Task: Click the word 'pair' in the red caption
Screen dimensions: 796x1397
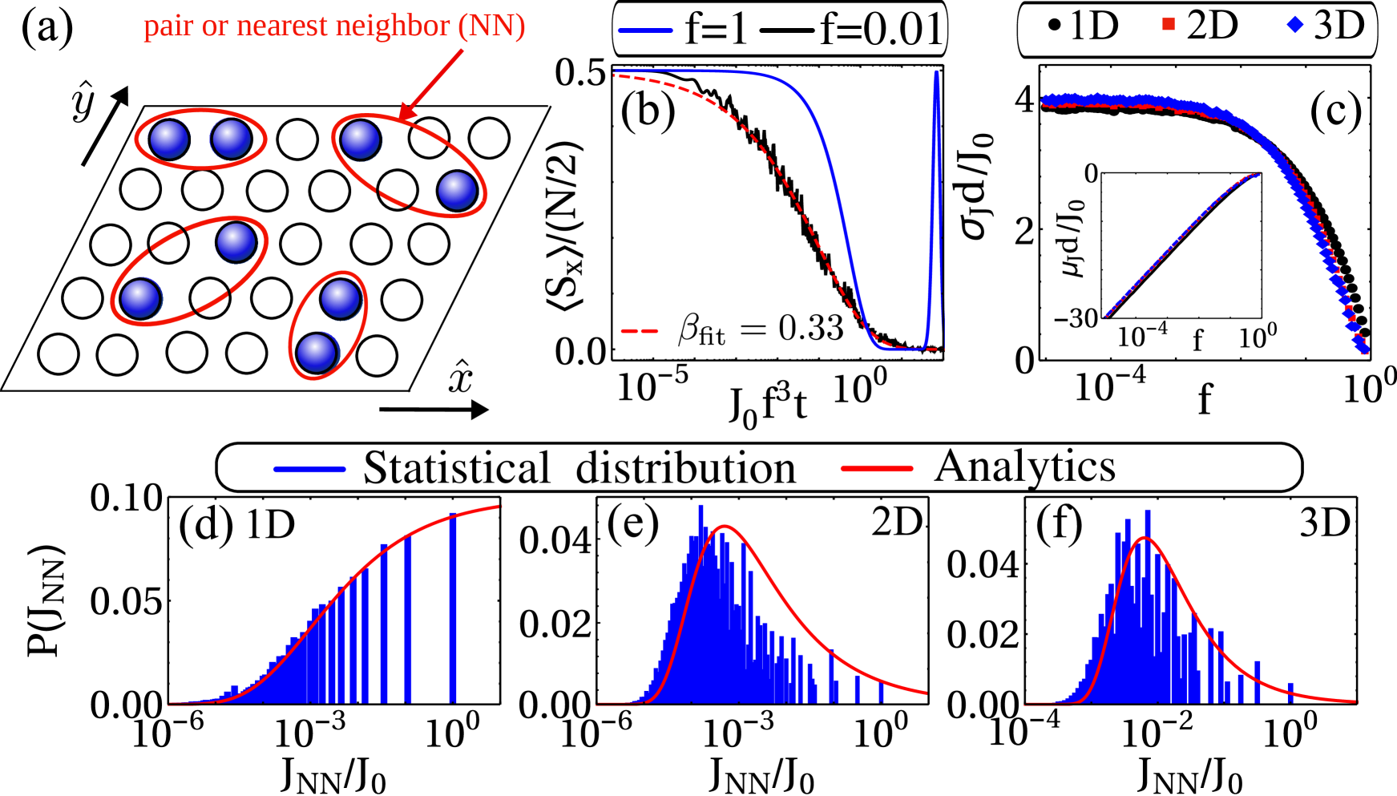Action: coord(168,26)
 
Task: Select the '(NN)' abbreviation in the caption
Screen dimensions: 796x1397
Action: coord(491,26)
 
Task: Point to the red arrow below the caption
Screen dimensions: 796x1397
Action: coord(433,83)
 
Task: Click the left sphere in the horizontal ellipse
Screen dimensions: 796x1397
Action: coord(169,139)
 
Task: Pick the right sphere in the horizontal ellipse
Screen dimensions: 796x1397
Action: coord(231,138)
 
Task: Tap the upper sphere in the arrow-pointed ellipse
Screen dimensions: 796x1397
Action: coord(361,139)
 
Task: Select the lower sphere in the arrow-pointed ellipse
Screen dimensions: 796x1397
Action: coord(458,191)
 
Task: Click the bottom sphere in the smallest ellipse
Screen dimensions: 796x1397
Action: coord(317,353)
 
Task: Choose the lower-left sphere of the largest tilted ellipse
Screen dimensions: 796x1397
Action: coord(141,298)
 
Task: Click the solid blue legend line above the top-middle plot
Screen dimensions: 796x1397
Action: coord(644,30)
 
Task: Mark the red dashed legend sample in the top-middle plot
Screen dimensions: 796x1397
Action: coord(639,330)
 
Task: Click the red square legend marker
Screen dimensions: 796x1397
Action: coord(1169,25)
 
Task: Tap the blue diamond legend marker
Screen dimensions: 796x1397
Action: coord(1294,25)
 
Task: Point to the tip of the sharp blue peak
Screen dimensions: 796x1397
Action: coord(936,72)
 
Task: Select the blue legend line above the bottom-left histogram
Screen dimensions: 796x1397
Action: coord(309,469)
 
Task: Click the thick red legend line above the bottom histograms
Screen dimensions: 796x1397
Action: coord(877,469)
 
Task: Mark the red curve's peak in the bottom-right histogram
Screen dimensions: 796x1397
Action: coord(1146,538)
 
